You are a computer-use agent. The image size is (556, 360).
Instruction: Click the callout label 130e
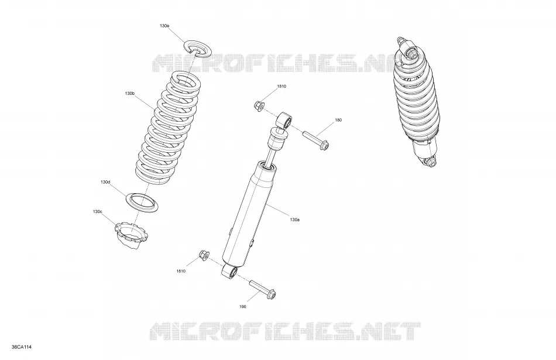click(x=164, y=26)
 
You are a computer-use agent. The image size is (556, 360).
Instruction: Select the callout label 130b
click(x=130, y=93)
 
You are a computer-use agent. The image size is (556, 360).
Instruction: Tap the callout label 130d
click(x=105, y=182)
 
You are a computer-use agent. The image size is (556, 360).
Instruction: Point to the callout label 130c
click(x=98, y=212)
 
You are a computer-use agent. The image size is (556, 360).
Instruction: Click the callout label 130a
click(x=294, y=220)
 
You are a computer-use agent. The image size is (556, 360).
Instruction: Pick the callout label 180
click(x=338, y=120)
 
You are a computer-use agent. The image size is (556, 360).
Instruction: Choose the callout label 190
click(x=243, y=307)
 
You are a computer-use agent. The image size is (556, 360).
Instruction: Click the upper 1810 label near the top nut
click(x=282, y=86)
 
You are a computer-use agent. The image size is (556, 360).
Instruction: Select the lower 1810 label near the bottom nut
click(x=181, y=272)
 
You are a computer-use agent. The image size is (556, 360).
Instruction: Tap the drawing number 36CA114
click(x=22, y=347)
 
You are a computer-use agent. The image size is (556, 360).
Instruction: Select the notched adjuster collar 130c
click(x=132, y=235)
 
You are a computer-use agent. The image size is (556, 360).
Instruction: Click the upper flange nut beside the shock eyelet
click(x=259, y=105)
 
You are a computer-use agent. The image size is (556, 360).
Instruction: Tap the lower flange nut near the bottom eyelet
click(x=204, y=255)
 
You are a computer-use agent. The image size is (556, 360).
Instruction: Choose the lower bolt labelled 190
click(x=263, y=289)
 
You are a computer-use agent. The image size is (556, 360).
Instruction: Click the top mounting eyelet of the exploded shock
click(x=285, y=120)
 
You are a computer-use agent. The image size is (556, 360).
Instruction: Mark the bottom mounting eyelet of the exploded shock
click(x=230, y=272)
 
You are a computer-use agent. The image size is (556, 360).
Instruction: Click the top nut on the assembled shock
click(x=413, y=54)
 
